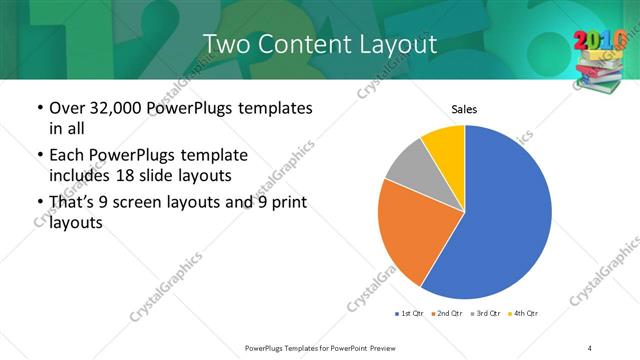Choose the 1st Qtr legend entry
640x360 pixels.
[410, 314]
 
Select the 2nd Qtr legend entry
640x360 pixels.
[449, 314]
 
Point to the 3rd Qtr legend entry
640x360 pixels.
[488, 314]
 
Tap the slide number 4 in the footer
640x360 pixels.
[590, 347]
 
